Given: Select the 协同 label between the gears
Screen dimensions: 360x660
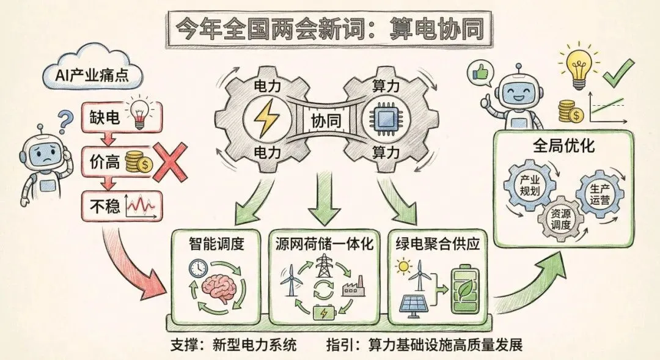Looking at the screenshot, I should click(x=322, y=119).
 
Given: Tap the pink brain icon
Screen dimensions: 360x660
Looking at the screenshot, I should click(x=219, y=287).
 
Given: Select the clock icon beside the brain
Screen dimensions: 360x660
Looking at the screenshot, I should click(x=199, y=268).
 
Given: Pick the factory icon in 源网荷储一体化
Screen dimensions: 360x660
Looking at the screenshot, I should click(x=354, y=287).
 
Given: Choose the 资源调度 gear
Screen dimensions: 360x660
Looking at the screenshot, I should click(x=560, y=218).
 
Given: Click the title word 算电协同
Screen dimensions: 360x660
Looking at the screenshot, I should click(x=434, y=28).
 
